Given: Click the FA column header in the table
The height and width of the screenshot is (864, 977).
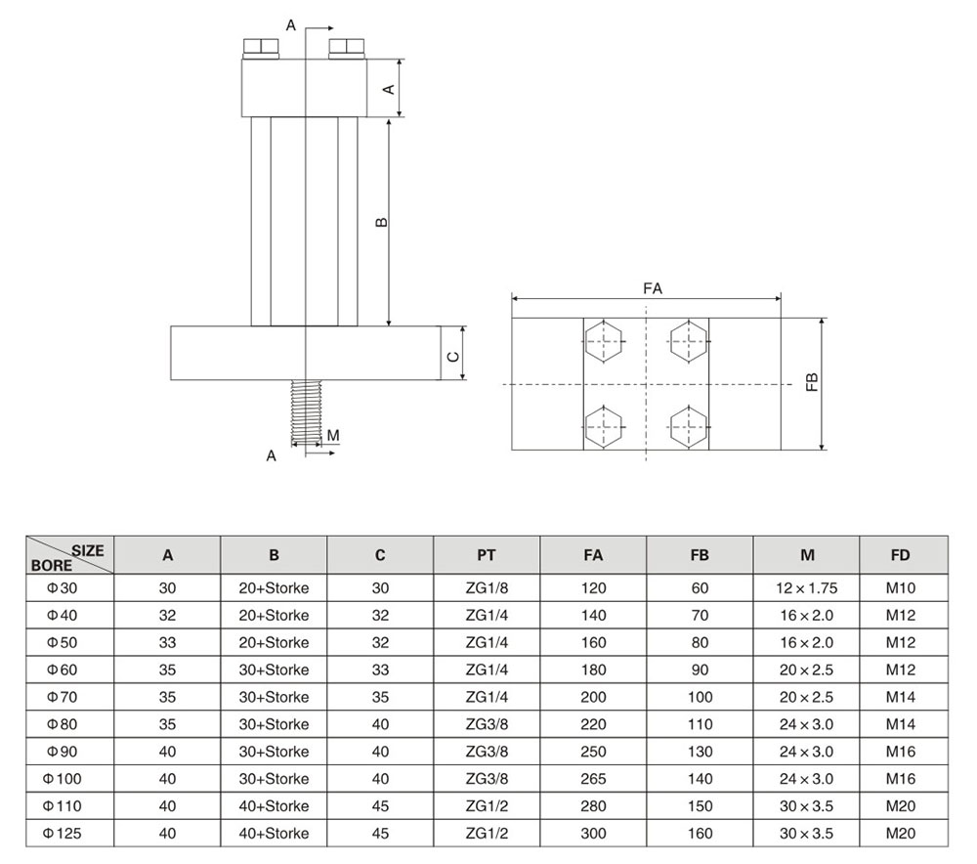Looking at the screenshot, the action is (593, 555).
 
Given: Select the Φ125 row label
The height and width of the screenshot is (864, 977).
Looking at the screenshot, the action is (63, 834).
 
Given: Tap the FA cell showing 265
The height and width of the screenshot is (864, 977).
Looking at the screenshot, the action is (593, 779).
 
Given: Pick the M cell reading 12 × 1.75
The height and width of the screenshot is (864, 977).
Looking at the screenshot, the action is (807, 587).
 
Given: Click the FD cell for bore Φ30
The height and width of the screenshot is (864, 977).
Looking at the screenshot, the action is (901, 587).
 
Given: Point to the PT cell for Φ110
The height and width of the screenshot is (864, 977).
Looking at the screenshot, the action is (487, 806).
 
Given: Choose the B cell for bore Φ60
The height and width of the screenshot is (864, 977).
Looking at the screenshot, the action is (275, 670).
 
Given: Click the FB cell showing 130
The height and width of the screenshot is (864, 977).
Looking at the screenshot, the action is (700, 752).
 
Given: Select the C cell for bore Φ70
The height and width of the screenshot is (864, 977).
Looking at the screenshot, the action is (380, 697).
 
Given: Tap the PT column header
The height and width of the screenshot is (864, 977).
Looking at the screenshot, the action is (487, 555).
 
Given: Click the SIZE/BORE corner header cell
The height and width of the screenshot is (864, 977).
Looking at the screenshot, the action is (69, 555).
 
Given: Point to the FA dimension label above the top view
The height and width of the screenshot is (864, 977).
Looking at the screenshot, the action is (653, 288).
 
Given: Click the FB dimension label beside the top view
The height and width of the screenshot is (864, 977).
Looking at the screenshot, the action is (812, 381).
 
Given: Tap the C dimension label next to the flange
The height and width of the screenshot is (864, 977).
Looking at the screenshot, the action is (453, 357).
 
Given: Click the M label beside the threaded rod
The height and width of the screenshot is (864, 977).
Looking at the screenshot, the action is (333, 435).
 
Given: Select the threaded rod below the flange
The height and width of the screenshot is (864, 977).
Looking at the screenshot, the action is (306, 412).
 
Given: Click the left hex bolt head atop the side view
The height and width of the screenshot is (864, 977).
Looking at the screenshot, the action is (261, 49).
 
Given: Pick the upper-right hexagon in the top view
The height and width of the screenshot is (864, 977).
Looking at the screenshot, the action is (689, 341).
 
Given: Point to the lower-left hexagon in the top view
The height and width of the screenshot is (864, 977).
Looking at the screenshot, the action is (603, 426).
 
